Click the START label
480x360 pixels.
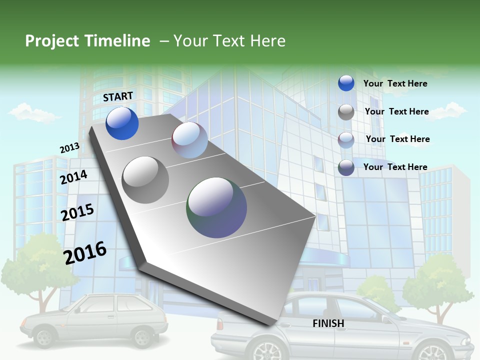click(x=118, y=96)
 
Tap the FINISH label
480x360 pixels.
click(x=328, y=323)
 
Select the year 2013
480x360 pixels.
click(x=69, y=148)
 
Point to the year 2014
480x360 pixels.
click(x=73, y=177)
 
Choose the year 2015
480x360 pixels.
click(x=77, y=212)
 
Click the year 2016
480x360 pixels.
click(x=85, y=253)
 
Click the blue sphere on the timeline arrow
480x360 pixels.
click(x=122, y=123)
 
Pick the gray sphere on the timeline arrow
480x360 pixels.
click(x=145, y=179)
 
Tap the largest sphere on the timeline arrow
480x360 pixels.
click(x=217, y=207)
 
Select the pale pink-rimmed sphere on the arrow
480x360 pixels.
click(x=189, y=140)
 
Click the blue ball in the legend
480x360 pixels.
click(x=346, y=83)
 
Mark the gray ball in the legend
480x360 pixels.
click(x=346, y=112)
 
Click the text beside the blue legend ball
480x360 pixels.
click(x=395, y=83)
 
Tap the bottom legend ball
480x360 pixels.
click(x=346, y=167)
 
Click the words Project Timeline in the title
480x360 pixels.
click(x=87, y=41)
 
